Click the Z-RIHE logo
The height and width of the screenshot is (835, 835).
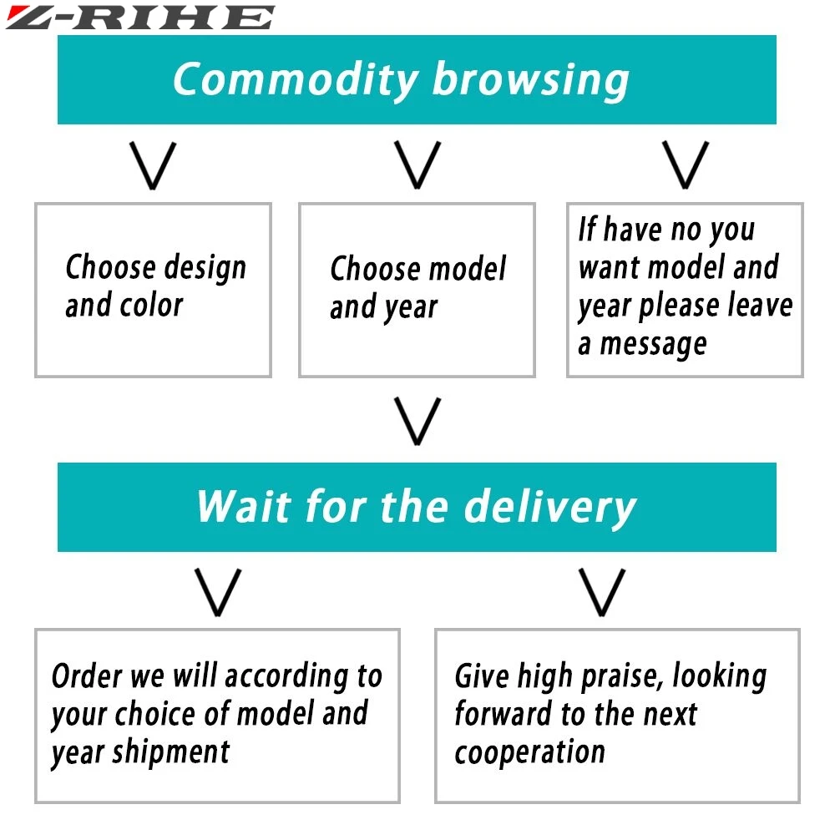tap(140, 17)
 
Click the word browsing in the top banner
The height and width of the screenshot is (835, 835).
tap(530, 81)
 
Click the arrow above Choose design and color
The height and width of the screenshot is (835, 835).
tap(154, 164)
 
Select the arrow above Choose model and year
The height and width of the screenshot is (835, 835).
tap(417, 164)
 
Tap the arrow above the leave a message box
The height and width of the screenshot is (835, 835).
tap(685, 164)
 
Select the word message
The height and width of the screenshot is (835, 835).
tap(653, 345)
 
